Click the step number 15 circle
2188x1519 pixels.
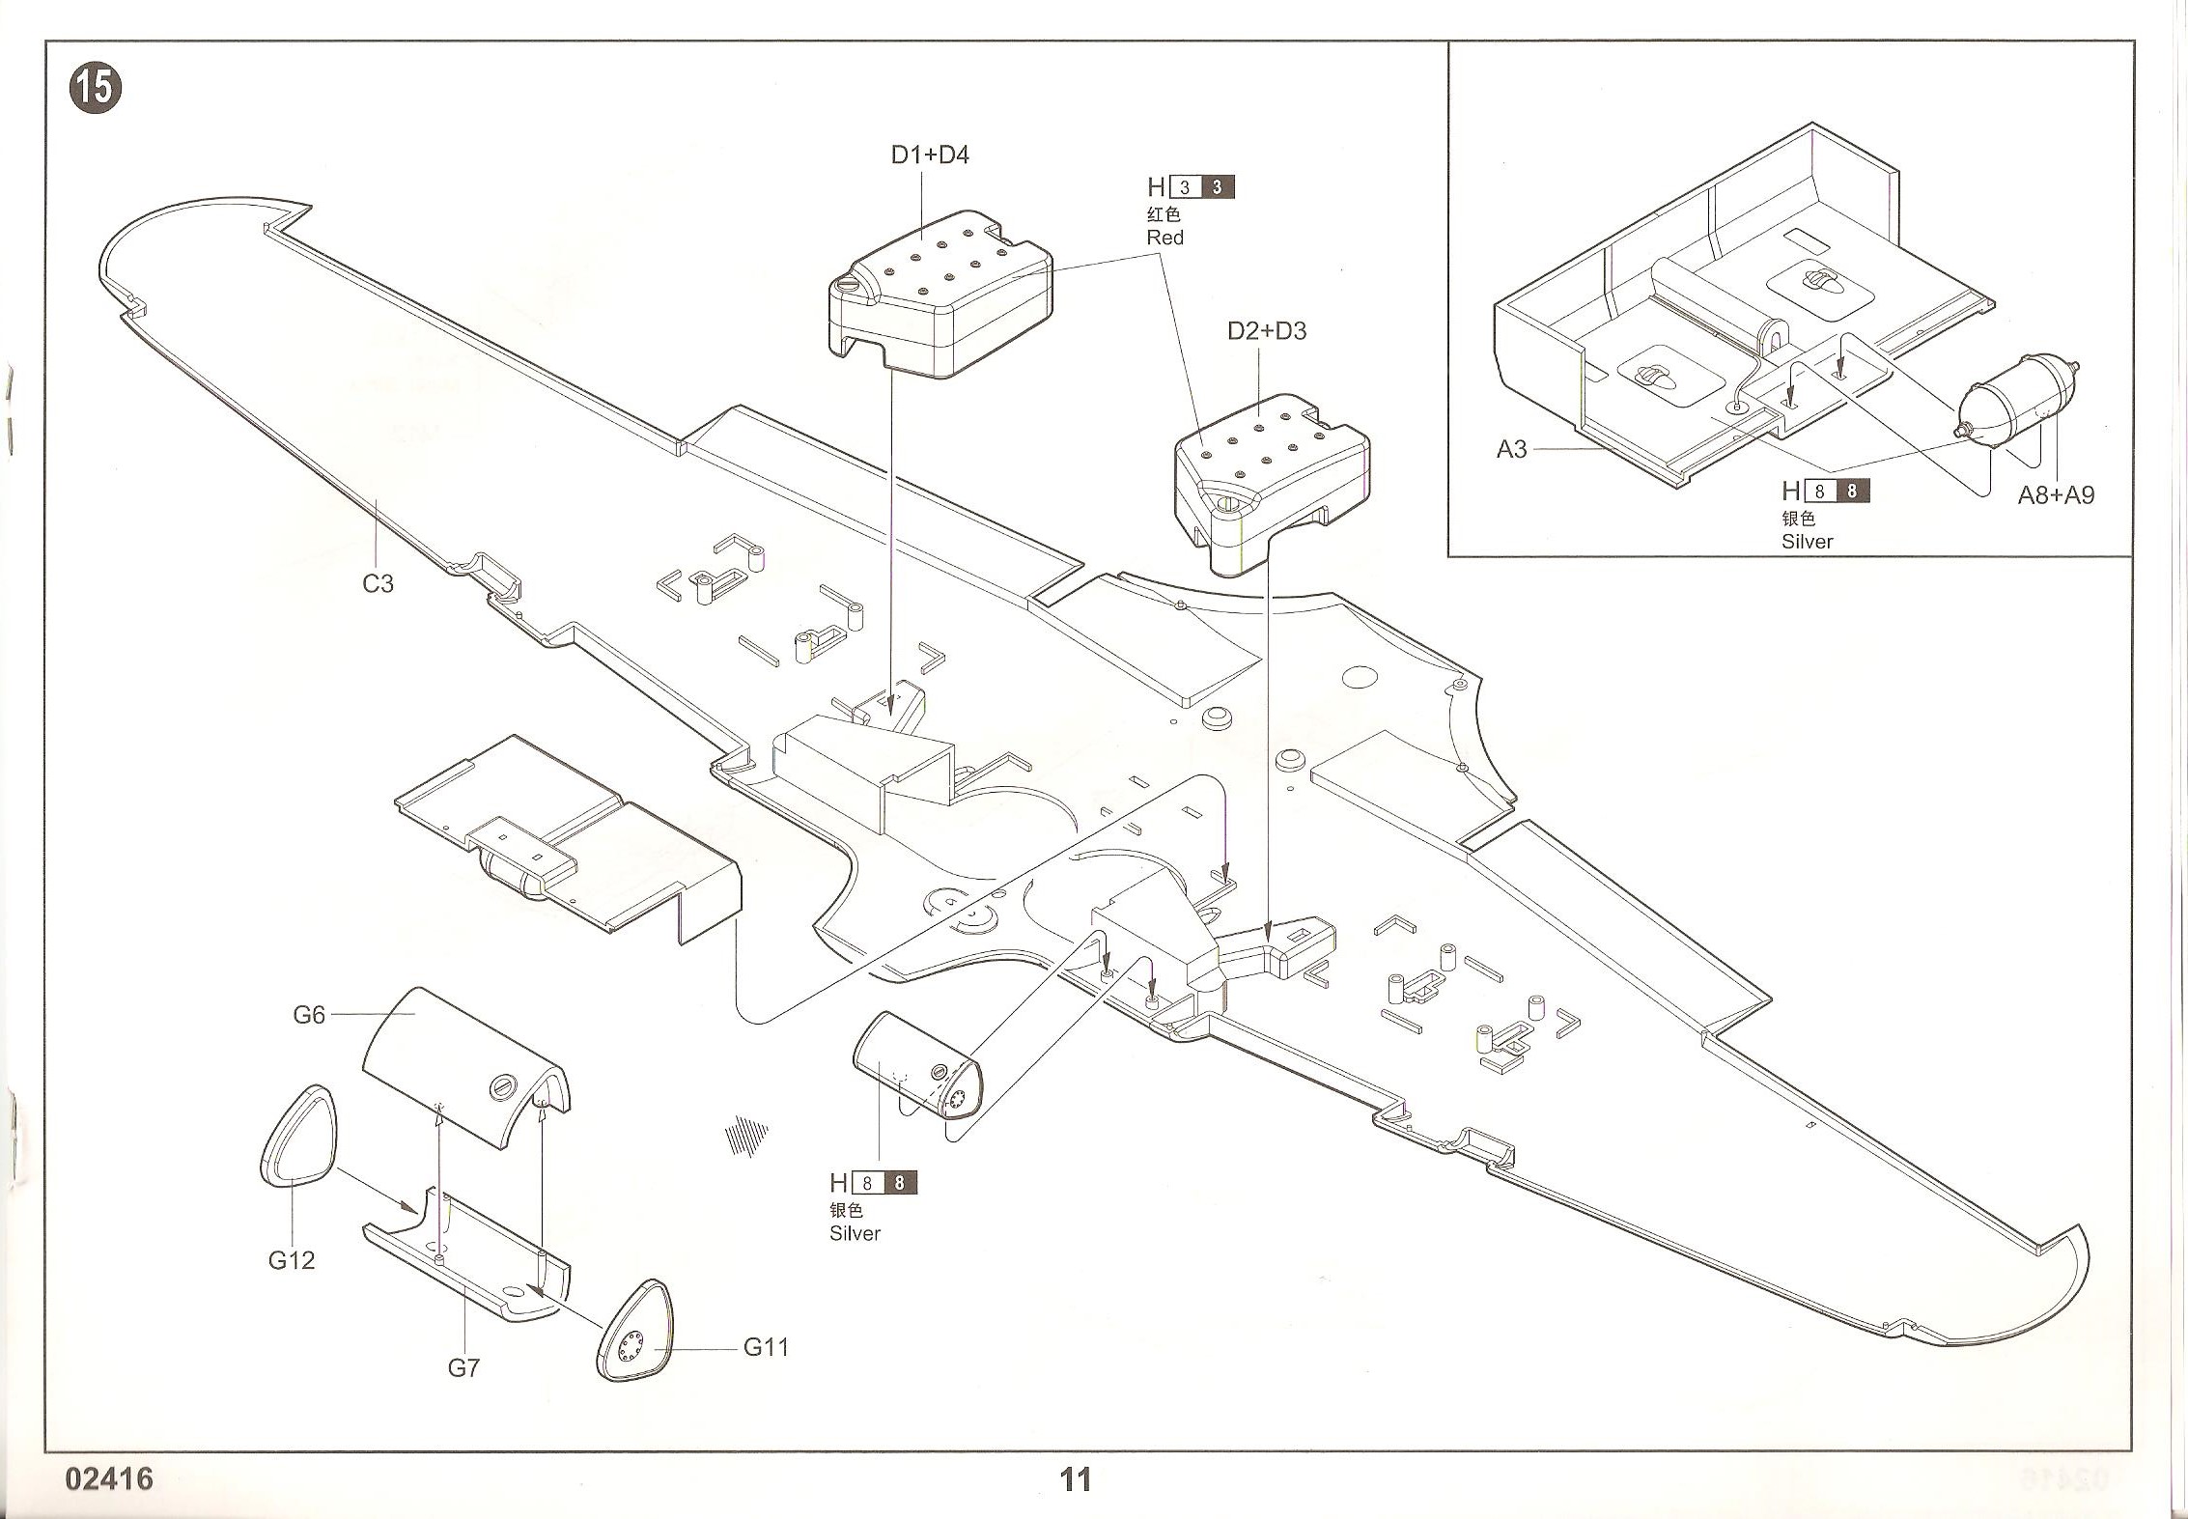[96, 88]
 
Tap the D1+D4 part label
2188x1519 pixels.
[929, 155]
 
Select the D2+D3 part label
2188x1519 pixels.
[1266, 331]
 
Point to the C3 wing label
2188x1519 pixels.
[378, 583]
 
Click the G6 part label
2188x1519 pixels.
[309, 1015]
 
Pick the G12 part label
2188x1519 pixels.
[292, 1260]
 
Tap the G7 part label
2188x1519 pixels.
[463, 1367]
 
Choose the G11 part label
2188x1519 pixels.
[766, 1347]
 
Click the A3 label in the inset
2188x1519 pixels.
[1511, 449]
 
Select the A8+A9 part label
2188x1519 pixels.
[2056, 495]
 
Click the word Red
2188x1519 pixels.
[1164, 238]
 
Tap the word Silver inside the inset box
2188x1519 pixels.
[1807, 542]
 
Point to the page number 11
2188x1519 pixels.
[1075, 1479]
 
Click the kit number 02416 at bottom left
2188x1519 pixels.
[109, 1479]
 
